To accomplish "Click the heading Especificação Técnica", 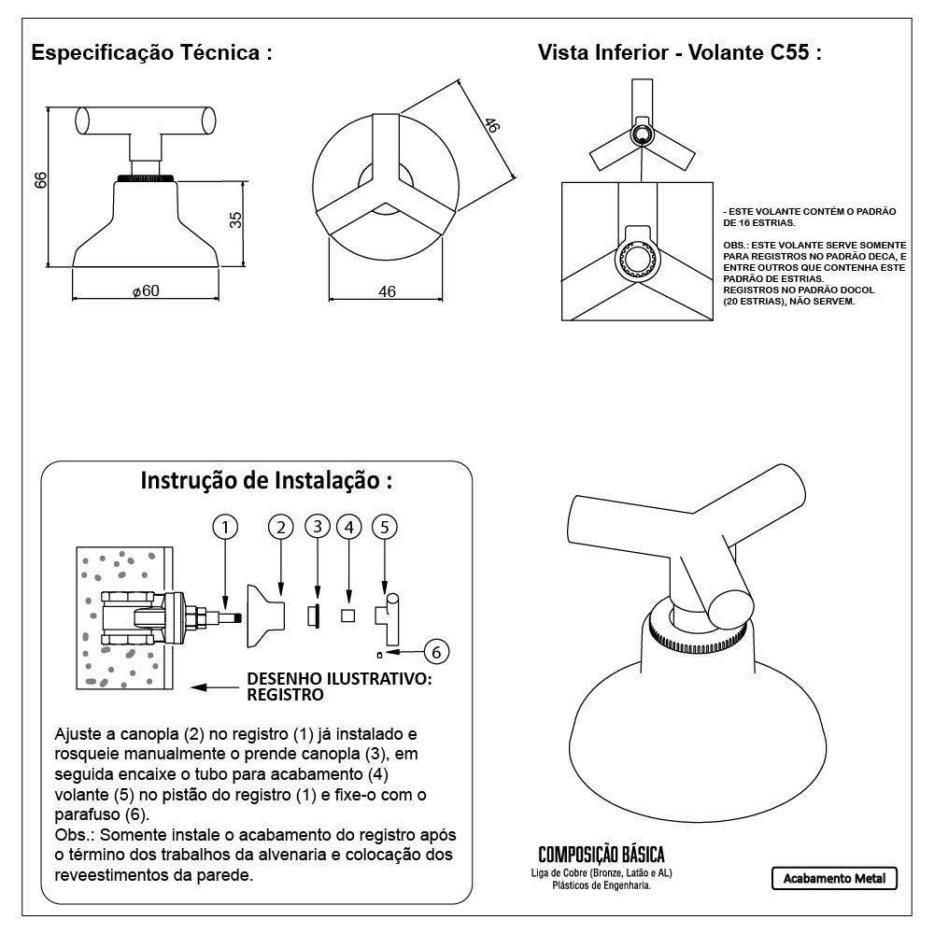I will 151,52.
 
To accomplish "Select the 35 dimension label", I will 235,219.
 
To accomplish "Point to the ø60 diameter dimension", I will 146,290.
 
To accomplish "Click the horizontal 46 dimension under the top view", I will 387,291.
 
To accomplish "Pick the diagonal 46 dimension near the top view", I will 491,126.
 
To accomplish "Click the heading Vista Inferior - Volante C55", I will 679,52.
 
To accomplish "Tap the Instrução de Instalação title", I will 266,481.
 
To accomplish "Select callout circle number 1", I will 224,527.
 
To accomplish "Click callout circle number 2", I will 281,527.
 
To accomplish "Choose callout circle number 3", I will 318,527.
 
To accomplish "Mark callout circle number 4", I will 348,527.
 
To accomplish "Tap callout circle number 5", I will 384,527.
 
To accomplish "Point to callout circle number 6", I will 437,651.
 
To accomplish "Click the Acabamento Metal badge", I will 834,878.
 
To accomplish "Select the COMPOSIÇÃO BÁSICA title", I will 601,855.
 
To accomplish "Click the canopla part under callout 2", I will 264,615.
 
